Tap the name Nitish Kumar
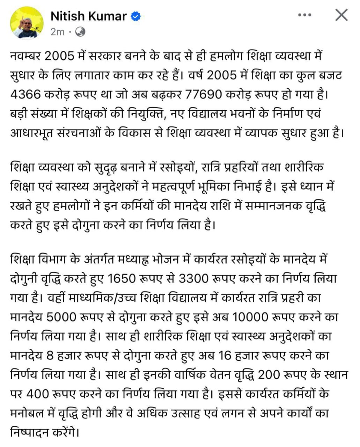[88, 16]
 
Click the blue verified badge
[136, 16]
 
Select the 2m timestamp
[57, 32]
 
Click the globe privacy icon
[80, 32]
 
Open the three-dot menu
[304, 15]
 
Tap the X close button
[341, 15]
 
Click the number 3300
[194, 279]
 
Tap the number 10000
[250, 317]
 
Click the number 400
[38, 394]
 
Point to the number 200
[269, 375]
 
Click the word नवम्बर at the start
[26, 56]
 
